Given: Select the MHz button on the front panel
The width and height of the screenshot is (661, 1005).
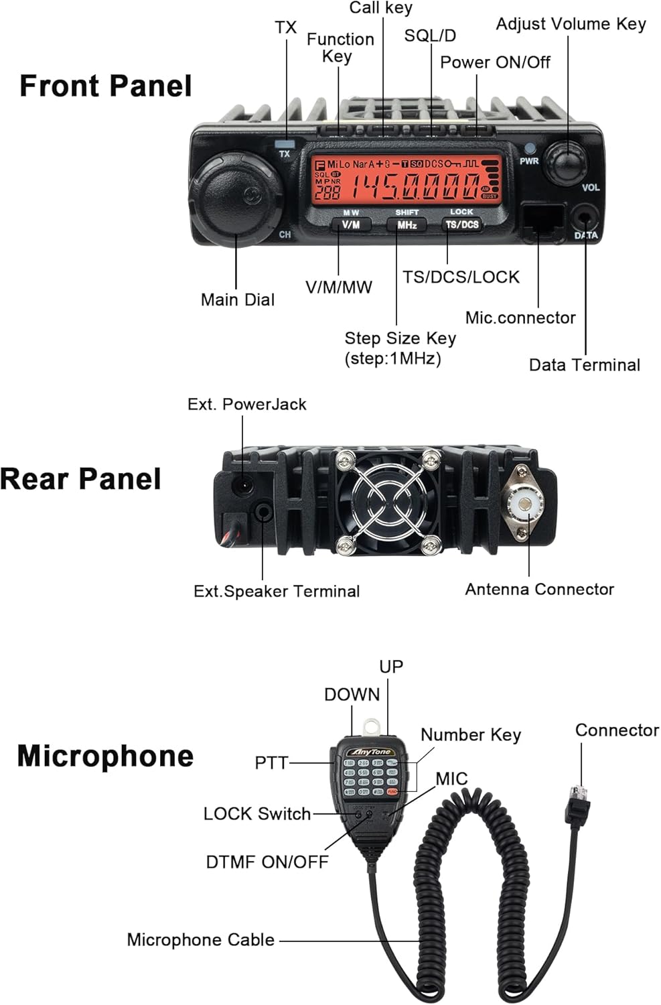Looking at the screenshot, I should (x=407, y=225).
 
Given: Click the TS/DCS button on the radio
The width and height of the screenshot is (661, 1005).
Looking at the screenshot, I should (x=462, y=225).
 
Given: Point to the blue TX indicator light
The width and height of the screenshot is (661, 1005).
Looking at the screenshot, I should (x=285, y=143).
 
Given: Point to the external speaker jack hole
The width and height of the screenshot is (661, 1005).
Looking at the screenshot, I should (x=263, y=513).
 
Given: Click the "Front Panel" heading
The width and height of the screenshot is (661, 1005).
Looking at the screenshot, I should (x=105, y=86).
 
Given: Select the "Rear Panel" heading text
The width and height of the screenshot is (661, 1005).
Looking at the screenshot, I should (x=80, y=479).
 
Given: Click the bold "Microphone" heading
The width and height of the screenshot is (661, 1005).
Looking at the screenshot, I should (x=105, y=756).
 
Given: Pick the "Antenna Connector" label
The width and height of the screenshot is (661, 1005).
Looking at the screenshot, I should (x=539, y=590).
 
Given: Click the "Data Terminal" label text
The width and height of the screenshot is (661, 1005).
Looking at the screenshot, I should (x=584, y=365).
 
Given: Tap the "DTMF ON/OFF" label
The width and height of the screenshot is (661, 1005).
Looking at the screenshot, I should (x=267, y=862).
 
